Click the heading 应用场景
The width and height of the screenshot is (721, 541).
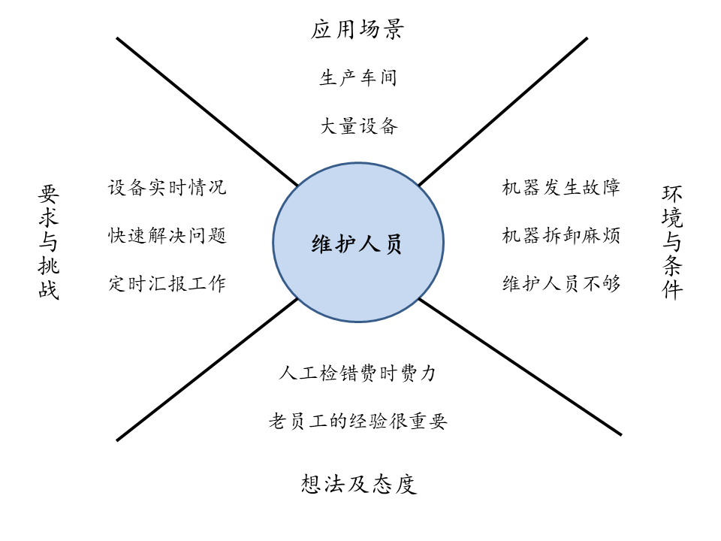(357, 30)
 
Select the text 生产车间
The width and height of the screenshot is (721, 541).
(357, 77)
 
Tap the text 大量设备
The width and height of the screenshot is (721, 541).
(358, 125)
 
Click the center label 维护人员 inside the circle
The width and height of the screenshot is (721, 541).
(356, 244)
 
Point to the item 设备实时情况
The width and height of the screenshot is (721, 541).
(167, 187)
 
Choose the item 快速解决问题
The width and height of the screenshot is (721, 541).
(167, 235)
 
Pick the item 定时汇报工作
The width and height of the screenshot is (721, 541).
(167, 283)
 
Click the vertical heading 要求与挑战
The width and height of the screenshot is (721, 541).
(49, 243)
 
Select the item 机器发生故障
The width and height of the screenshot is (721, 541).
(560, 187)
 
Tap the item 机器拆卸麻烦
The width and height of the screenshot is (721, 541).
(560, 235)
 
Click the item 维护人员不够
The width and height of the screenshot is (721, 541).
(560, 283)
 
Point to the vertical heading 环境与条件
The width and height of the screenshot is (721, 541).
(672, 243)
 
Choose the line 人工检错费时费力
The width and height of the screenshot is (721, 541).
(357, 373)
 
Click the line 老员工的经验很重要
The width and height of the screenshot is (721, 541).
(357, 422)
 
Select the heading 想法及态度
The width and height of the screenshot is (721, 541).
(358, 484)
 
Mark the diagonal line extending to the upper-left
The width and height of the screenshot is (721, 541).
(207, 111)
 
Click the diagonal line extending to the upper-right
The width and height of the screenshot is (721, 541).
(503, 111)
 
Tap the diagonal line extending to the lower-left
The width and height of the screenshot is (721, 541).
(207, 369)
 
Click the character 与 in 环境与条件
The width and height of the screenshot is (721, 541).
(672, 243)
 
